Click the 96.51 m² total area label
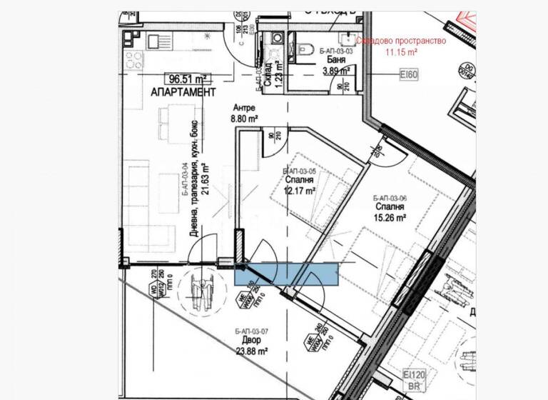[x=188, y=79]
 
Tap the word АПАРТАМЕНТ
[x=183, y=94]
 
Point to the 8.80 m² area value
[x=243, y=121]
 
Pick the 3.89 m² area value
[x=335, y=71]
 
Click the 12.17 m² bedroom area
[x=300, y=191]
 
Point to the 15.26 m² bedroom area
[x=390, y=218]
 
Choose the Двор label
[x=250, y=341]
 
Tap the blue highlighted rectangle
[x=286, y=274]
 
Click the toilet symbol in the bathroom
[x=303, y=49]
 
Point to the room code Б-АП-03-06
[x=390, y=198]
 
